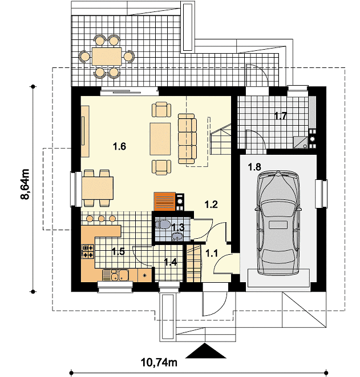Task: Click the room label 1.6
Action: coord(119,146)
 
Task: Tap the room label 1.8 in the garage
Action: coord(254,167)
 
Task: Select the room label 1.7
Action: coord(281,116)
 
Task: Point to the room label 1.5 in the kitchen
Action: coord(119,252)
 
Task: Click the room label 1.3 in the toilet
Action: coord(178,227)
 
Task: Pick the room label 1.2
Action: coord(211,204)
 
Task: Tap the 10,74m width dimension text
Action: coord(159,362)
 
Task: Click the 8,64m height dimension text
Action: coord(25,185)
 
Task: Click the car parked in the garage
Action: coord(278,223)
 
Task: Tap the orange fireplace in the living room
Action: coord(165,201)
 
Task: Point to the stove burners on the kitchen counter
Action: coord(88,251)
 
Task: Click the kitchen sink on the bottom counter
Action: coord(115,275)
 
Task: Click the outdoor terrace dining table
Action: coord(107,56)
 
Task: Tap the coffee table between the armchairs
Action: coord(160,139)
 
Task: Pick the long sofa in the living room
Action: coord(187,139)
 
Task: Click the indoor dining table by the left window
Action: coord(97,188)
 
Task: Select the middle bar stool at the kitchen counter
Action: coord(102,219)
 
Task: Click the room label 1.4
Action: coord(170,262)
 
